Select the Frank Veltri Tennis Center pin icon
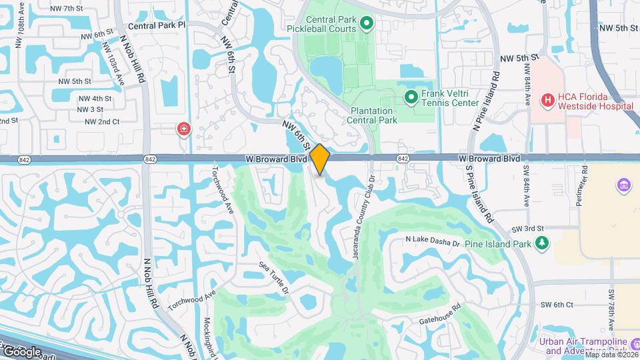[411, 98]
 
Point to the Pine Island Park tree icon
[543, 243]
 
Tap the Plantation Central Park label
[372, 115]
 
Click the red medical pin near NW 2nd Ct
[183, 129]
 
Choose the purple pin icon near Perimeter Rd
[624, 185]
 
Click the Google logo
[22, 351]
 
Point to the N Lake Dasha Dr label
[433, 241]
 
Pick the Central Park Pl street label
[157, 25]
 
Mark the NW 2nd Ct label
[103, 121]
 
